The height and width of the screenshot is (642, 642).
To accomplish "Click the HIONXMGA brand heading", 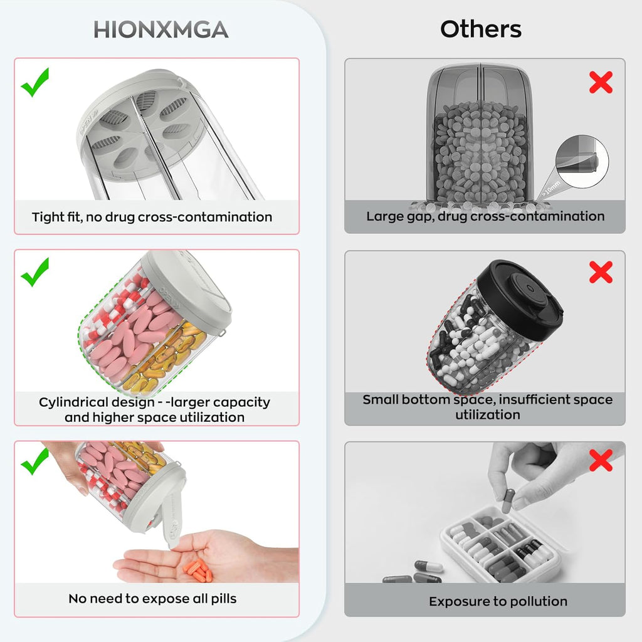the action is (161, 30).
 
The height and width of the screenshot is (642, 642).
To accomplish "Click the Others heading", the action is (481, 29).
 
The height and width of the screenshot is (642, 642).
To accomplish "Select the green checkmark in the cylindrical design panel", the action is (35, 272).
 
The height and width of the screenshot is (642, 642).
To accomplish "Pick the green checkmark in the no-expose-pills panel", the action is (35, 461).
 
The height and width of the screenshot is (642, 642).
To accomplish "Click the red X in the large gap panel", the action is (601, 82).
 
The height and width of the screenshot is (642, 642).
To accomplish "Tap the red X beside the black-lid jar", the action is (601, 272).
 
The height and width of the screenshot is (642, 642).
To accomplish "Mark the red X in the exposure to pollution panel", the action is (601, 460).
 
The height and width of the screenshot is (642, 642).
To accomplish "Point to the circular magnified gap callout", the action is (582, 162).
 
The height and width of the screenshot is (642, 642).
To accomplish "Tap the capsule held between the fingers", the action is (508, 500).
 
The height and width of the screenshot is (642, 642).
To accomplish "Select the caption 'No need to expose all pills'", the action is (152, 599).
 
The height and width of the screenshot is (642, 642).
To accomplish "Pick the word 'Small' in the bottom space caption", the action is (380, 399).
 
